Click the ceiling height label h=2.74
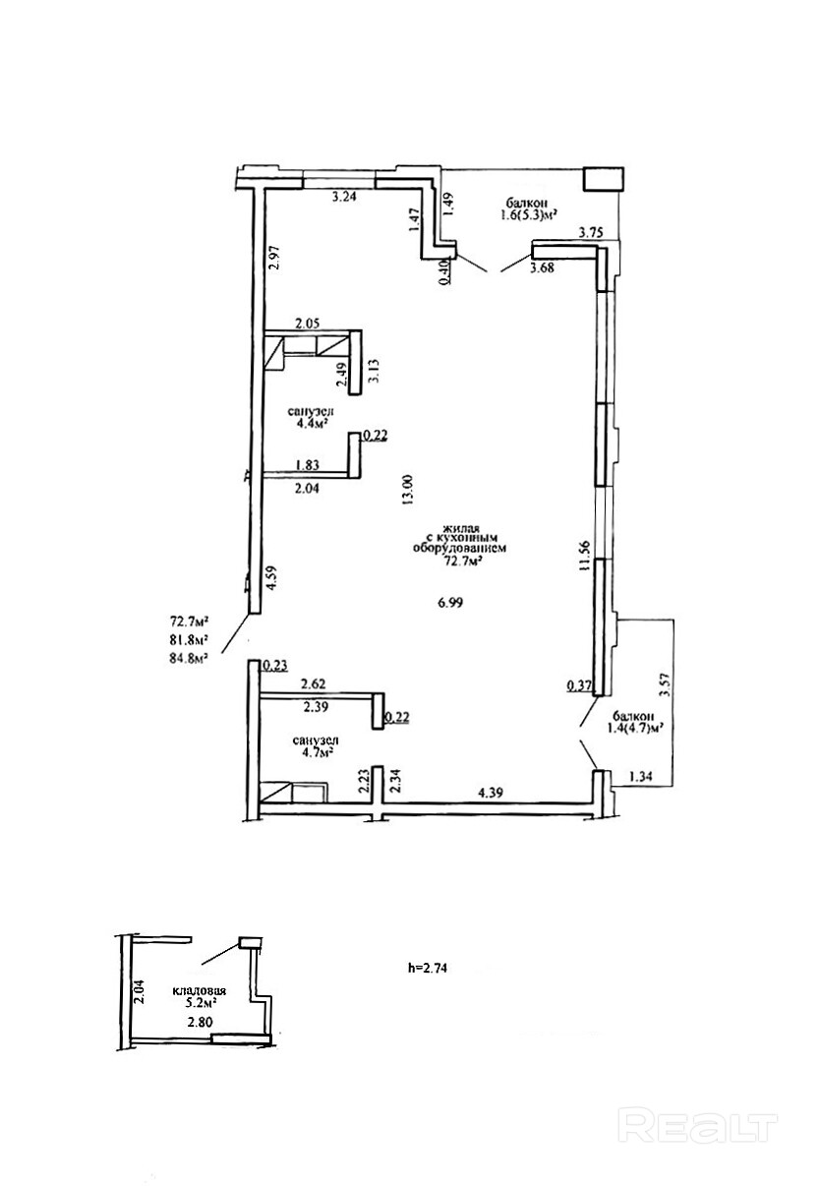pos(430,967)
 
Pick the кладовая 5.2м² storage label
pos(202,997)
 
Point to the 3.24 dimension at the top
pos(344,198)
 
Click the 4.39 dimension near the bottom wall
pos(492,793)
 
